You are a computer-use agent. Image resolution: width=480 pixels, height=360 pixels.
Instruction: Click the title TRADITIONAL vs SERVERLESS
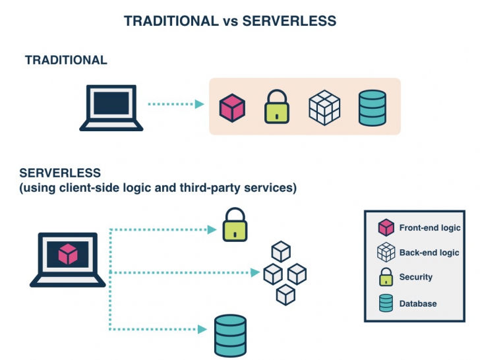click(230, 21)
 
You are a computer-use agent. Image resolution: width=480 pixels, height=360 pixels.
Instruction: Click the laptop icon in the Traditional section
click(111, 107)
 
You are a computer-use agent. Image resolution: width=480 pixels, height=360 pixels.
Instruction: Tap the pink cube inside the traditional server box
click(232, 107)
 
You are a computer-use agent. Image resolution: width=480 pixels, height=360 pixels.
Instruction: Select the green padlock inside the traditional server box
click(278, 107)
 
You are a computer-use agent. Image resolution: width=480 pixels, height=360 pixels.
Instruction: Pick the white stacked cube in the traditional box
click(324, 107)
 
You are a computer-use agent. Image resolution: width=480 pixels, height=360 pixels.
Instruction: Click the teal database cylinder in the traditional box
click(372, 107)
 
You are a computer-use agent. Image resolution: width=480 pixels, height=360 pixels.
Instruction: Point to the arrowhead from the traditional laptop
click(199, 104)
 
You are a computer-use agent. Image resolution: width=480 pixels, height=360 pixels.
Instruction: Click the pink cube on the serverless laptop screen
click(68, 254)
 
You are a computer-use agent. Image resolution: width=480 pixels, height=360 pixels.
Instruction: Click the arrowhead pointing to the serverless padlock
click(212, 229)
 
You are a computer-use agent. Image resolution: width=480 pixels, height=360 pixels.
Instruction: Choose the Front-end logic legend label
click(429, 228)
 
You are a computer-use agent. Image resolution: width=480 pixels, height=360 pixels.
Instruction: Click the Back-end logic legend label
click(429, 253)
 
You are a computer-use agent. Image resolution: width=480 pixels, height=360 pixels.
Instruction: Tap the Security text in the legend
click(415, 277)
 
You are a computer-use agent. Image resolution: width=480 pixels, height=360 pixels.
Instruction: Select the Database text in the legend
click(417, 303)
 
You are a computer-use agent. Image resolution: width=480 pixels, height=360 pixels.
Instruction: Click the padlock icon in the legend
click(385, 277)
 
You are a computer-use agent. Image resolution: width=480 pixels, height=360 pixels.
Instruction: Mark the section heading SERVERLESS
click(60, 173)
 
